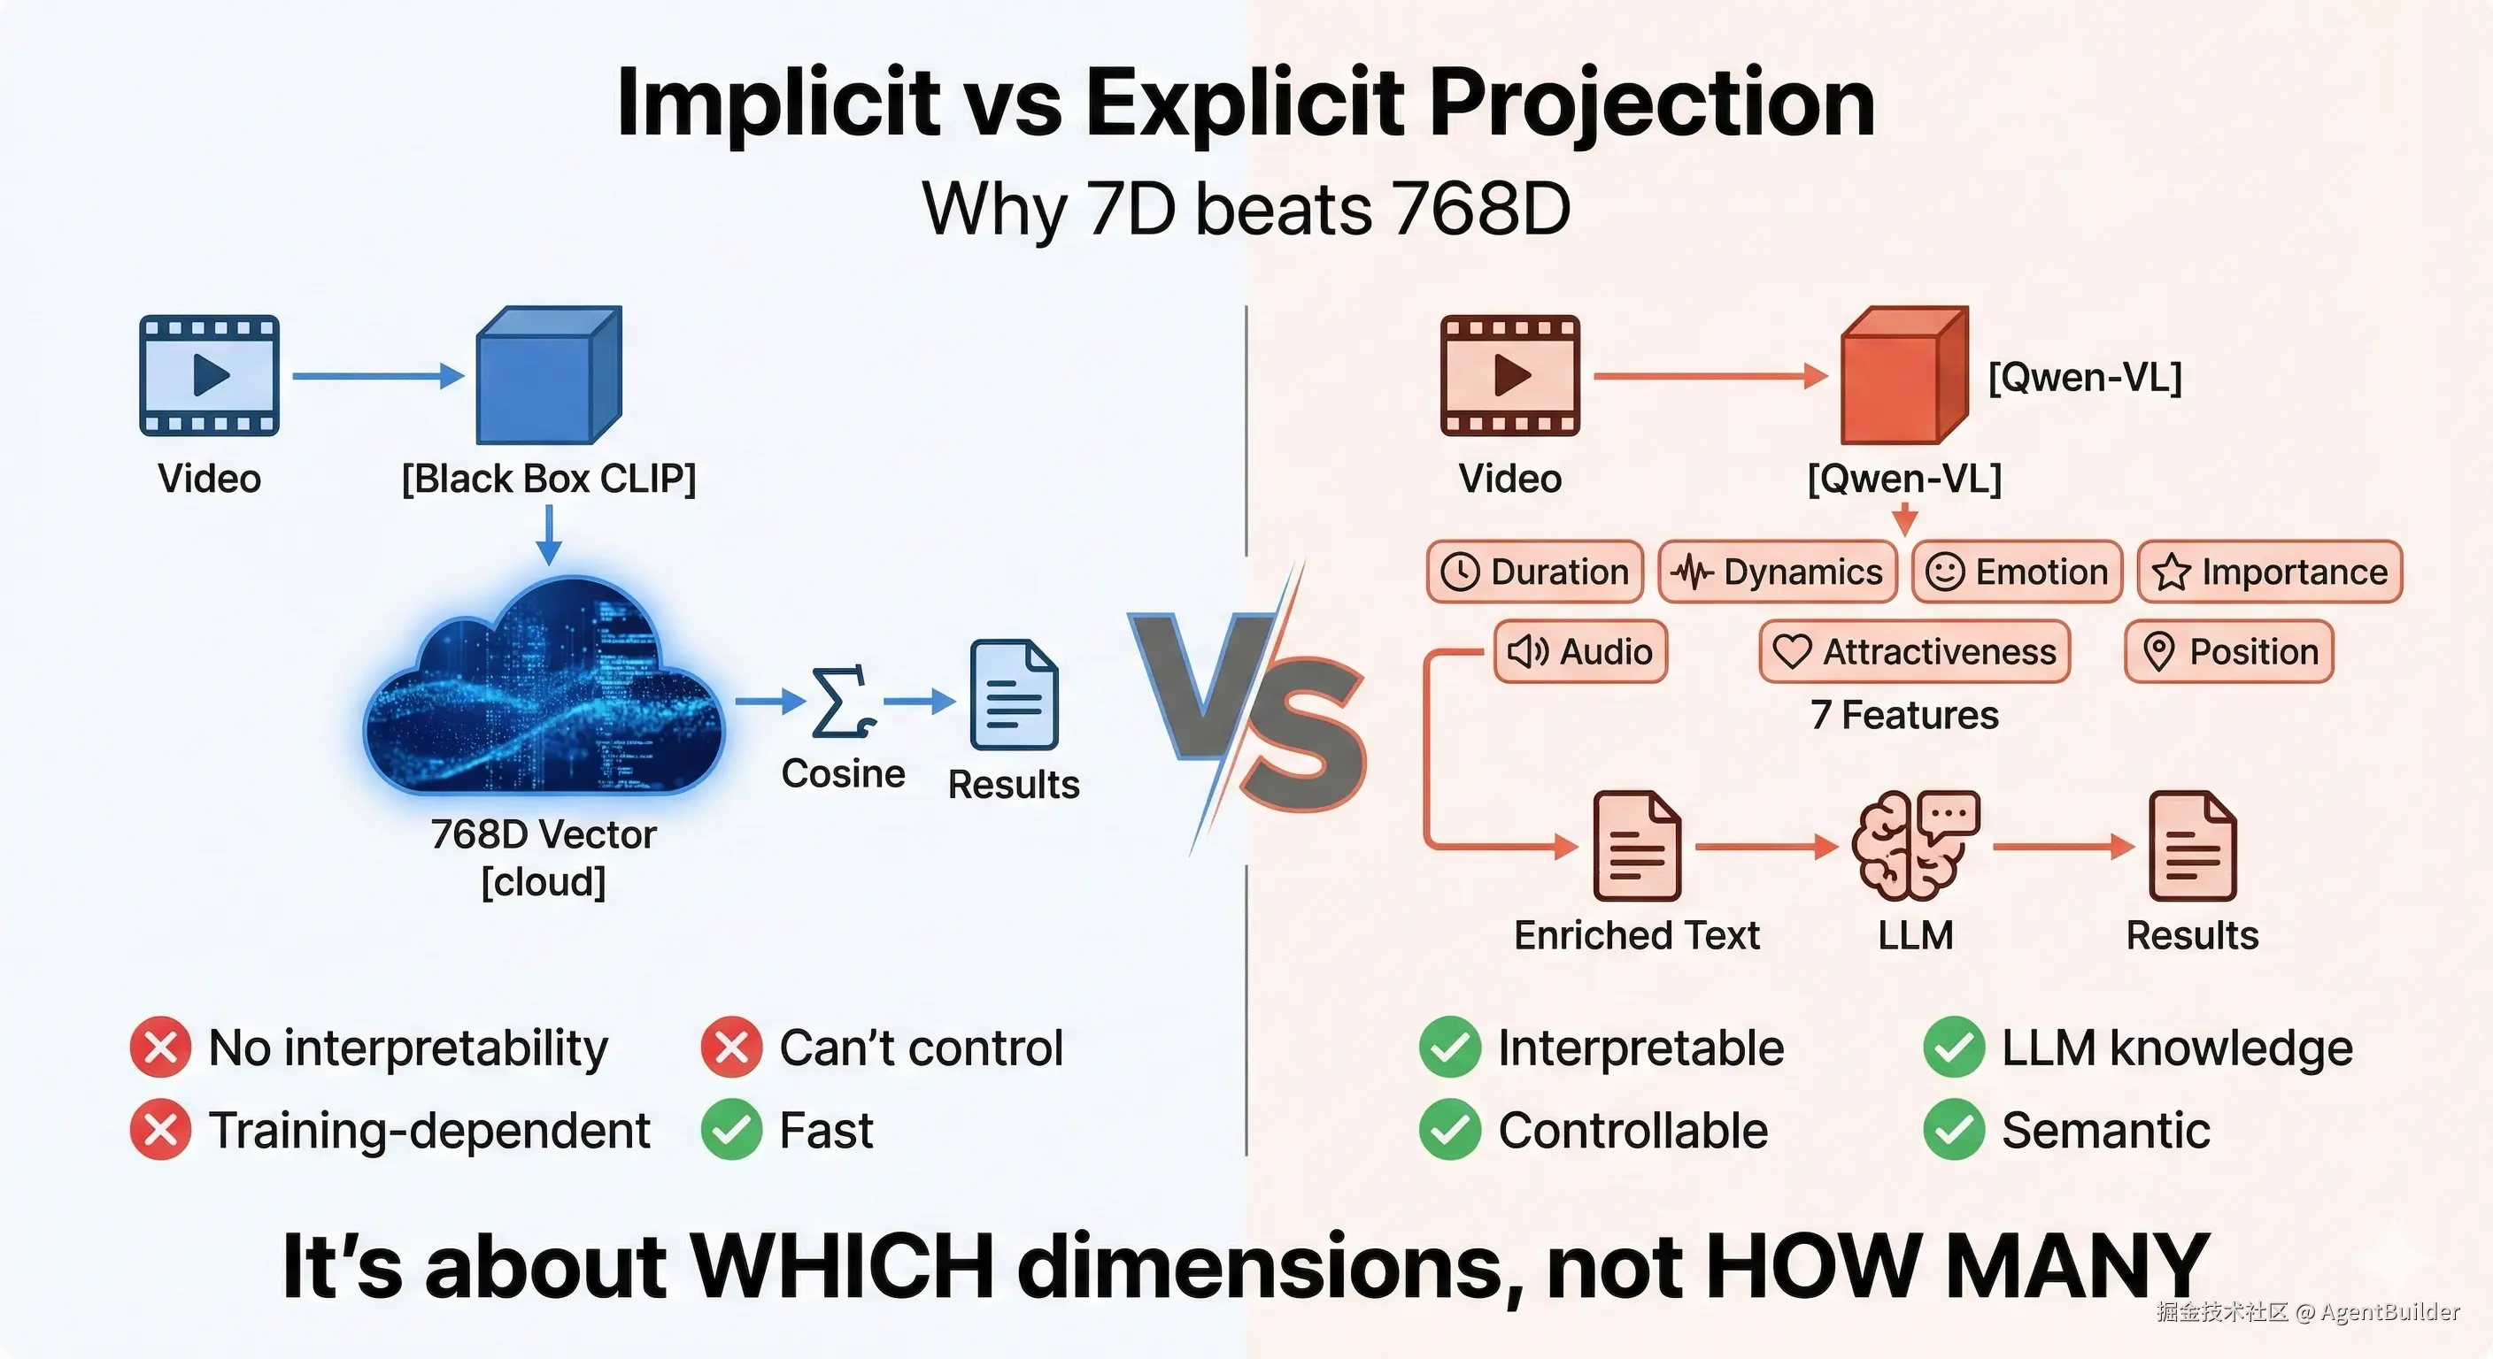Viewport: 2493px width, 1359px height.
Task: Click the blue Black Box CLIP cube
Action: click(549, 375)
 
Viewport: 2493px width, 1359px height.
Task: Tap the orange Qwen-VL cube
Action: click(1903, 375)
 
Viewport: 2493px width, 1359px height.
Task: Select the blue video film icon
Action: click(209, 375)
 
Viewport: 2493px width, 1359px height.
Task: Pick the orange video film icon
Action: click(1509, 375)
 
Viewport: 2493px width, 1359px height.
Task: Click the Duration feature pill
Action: click(1535, 572)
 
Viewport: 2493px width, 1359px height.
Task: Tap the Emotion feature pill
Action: click(2018, 572)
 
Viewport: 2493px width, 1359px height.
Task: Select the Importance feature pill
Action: click(2269, 572)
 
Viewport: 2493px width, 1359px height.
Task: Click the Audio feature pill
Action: click(1580, 651)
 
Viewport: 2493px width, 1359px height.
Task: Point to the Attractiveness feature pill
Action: click(1915, 651)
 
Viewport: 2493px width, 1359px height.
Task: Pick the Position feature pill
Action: click(2229, 651)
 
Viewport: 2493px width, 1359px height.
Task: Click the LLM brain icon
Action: click(1915, 845)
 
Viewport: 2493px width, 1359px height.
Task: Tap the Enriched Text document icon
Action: click(1637, 847)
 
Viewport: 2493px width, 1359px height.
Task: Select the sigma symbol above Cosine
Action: click(843, 703)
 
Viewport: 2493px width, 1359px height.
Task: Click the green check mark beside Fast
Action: click(731, 1129)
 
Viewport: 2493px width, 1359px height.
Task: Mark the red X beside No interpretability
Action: click(160, 1048)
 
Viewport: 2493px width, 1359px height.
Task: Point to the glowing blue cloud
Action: click(544, 687)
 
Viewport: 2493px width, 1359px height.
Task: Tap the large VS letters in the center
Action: click(1248, 711)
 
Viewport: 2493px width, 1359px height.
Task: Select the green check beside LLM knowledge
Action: click(1954, 1048)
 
